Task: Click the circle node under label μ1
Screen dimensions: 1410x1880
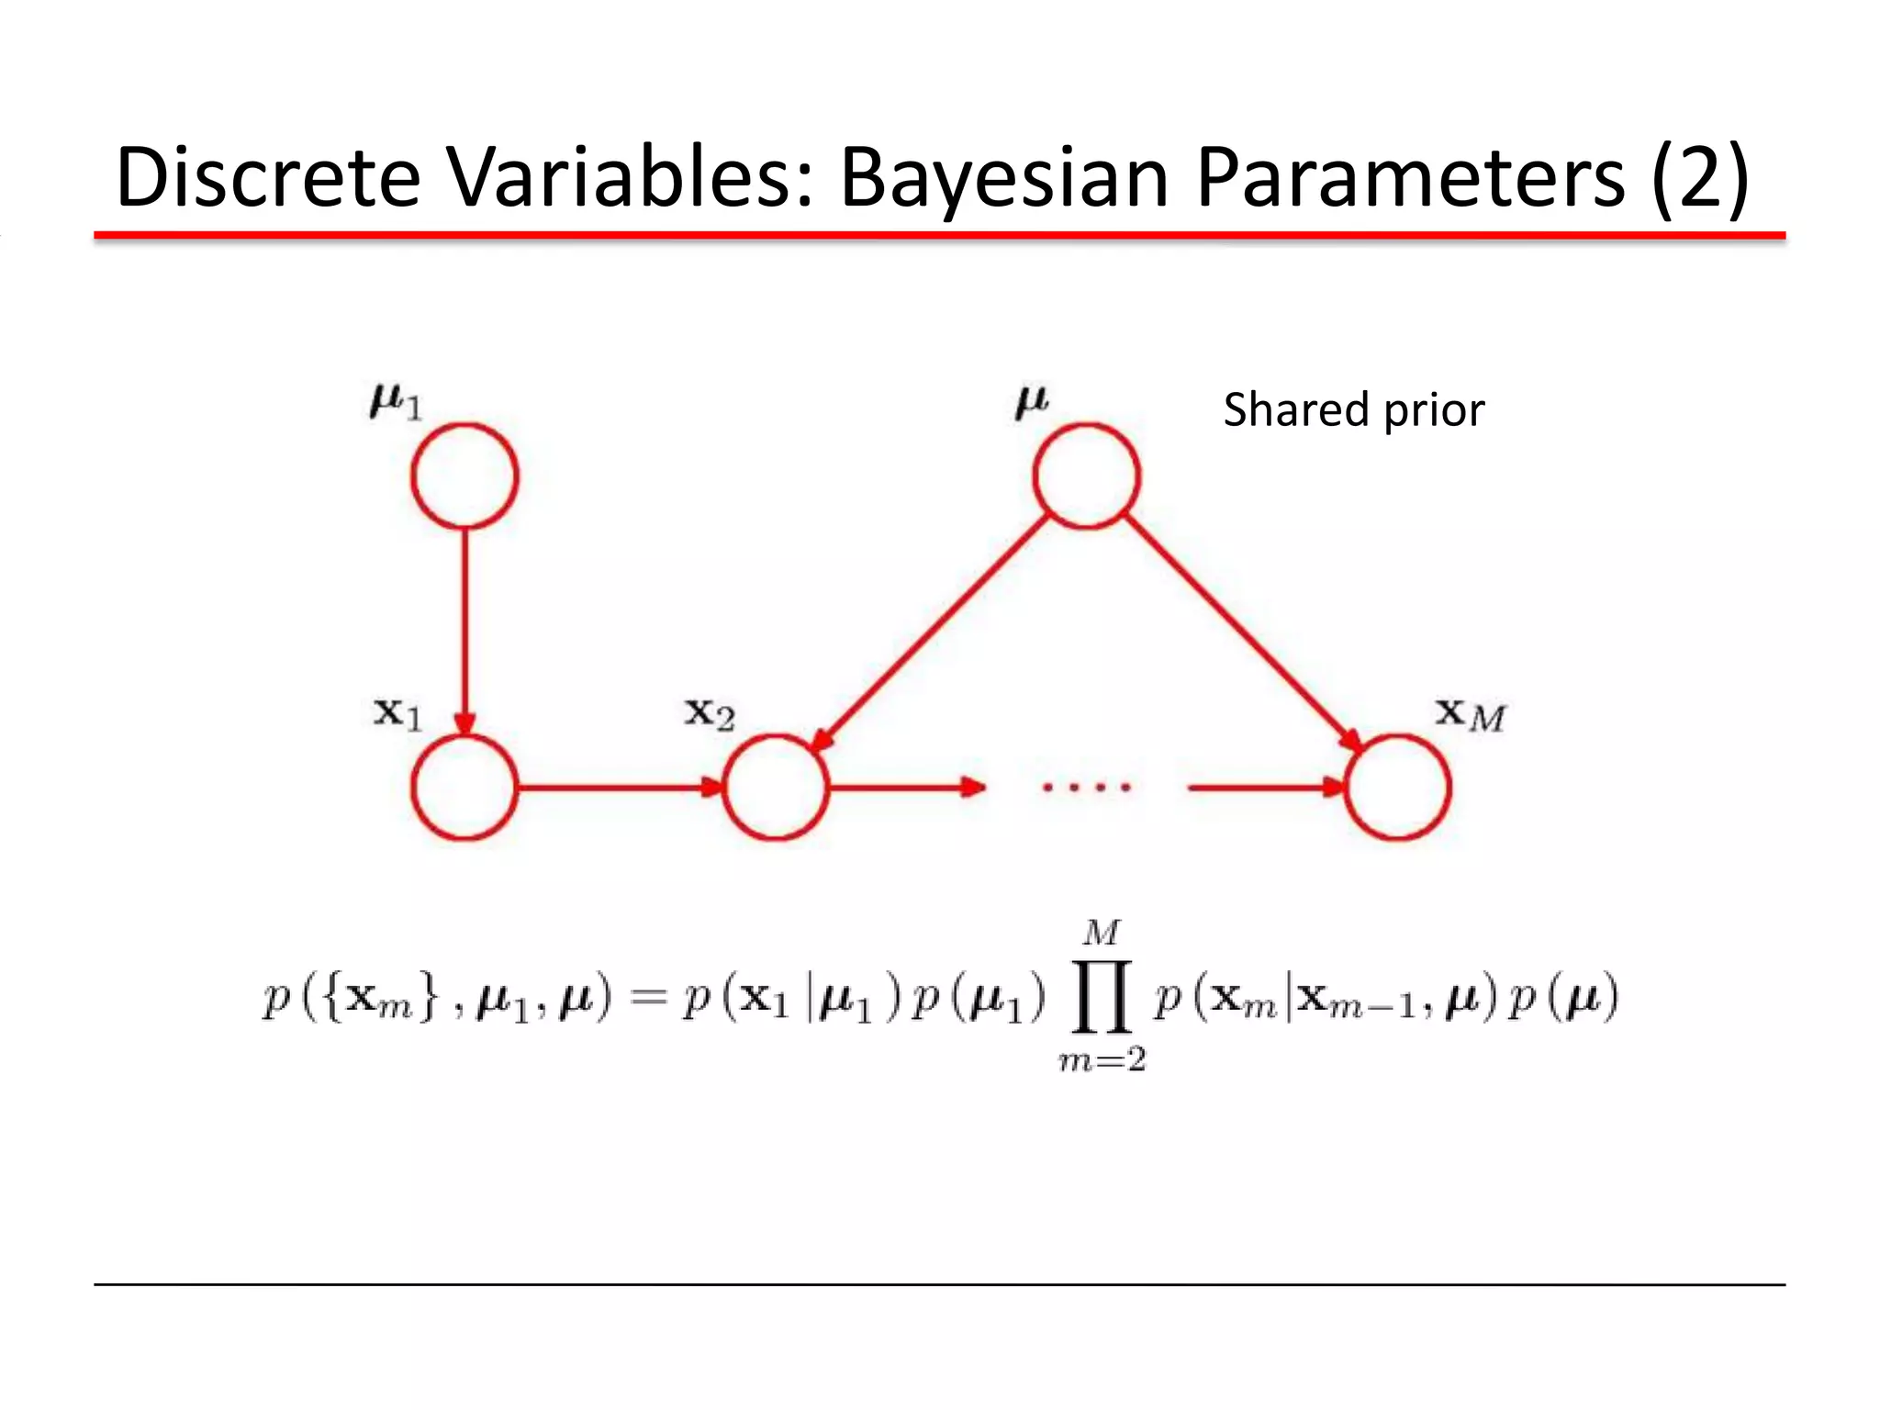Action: [x=464, y=476]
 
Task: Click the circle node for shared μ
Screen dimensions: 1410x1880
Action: [x=1086, y=476]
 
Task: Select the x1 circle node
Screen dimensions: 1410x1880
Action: [x=464, y=787]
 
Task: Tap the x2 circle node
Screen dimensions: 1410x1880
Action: [x=776, y=787]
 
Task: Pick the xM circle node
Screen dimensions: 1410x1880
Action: [x=1397, y=787]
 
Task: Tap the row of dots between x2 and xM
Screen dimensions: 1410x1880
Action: [x=1086, y=787]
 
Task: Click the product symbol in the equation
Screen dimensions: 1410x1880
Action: [x=1101, y=997]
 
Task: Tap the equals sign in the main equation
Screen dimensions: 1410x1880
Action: [x=648, y=999]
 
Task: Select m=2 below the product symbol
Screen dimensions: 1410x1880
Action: [x=1102, y=1061]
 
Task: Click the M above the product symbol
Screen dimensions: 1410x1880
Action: [x=1101, y=933]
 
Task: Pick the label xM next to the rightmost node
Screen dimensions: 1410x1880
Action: [x=1470, y=714]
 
